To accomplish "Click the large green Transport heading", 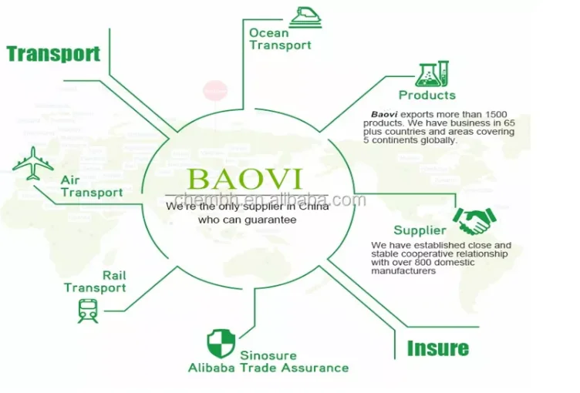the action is (x=53, y=53).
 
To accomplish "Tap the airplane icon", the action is (x=32, y=163).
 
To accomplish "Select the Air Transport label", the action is (x=92, y=186).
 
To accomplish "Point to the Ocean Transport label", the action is (x=280, y=39).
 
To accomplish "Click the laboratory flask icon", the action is (x=432, y=75).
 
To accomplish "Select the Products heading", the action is (x=427, y=96).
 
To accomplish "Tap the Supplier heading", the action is (x=420, y=230).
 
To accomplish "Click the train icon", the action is (x=88, y=311).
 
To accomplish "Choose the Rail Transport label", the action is (x=95, y=282).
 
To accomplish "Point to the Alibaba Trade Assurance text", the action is (x=268, y=368).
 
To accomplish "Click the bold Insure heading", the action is (x=437, y=348).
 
